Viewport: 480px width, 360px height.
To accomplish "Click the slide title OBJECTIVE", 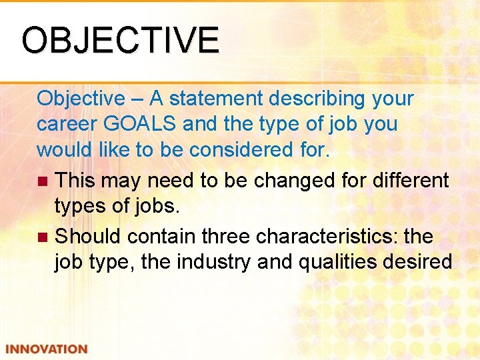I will point(120,40).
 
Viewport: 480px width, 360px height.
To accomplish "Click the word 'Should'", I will point(88,236).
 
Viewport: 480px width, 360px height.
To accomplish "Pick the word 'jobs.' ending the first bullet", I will point(155,206).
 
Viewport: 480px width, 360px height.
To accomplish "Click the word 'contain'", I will point(160,236).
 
